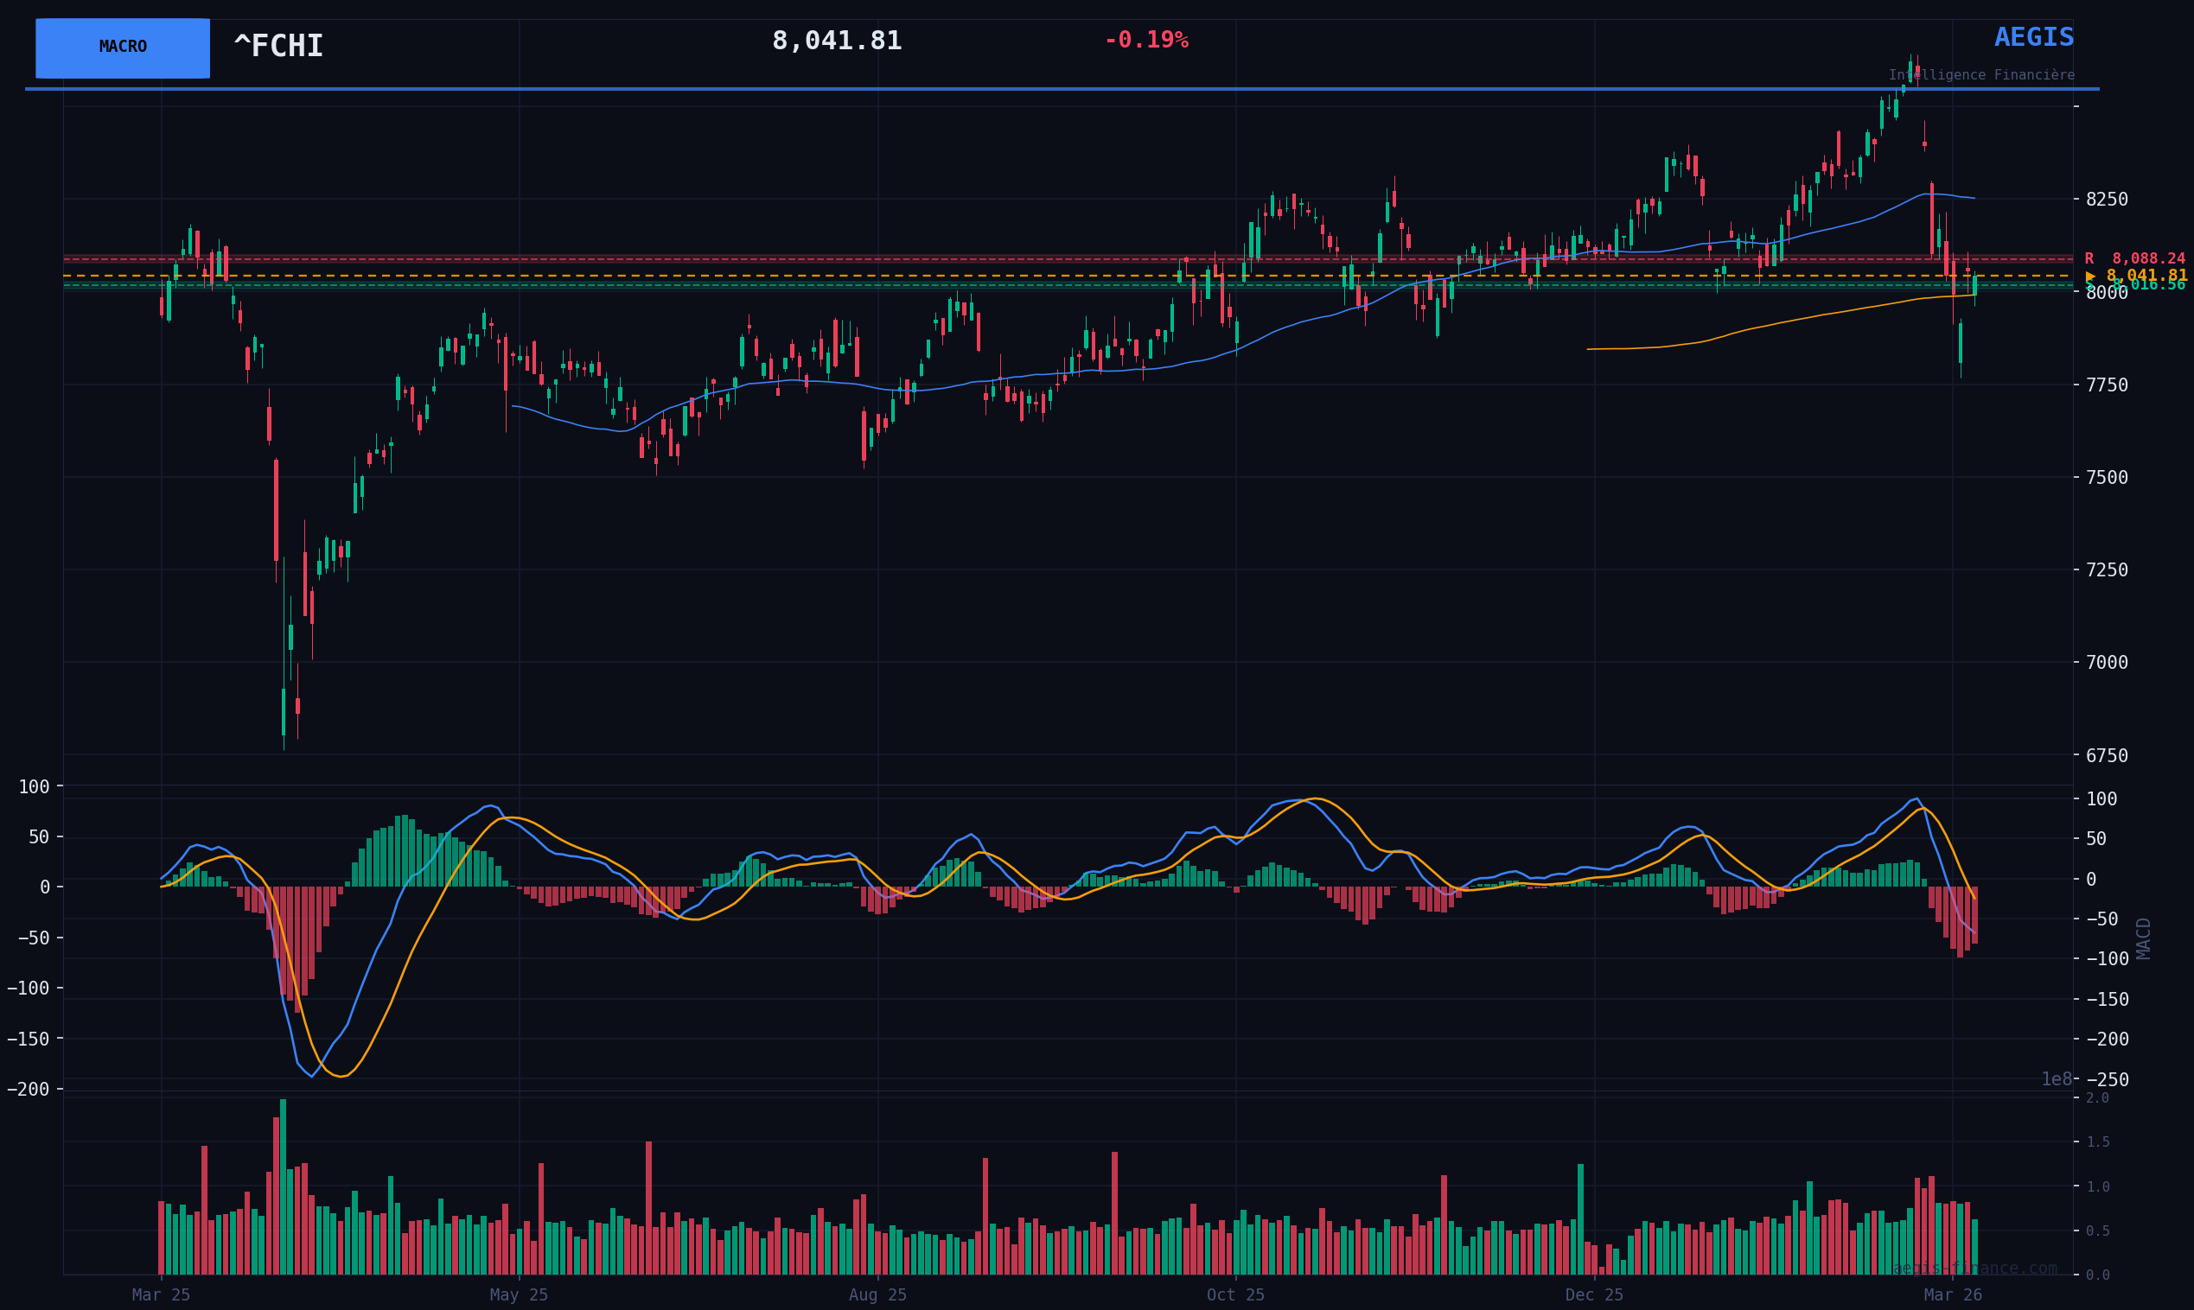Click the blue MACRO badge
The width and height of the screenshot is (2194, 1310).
click(123, 48)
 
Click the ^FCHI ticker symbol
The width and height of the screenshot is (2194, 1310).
click(278, 47)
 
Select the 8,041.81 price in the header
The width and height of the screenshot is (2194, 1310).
click(836, 41)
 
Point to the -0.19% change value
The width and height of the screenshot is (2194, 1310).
click(1146, 41)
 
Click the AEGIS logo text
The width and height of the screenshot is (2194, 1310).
click(2033, 38)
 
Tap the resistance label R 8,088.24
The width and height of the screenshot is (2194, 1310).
click(2134, 258)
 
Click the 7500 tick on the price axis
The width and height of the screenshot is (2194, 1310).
click(2107, 478)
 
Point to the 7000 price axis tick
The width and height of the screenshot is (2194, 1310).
click(2107, 662)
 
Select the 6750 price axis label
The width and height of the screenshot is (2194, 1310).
click(2107, 755)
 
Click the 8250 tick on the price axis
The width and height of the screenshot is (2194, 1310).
click(2107, 200)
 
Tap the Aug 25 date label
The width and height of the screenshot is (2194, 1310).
click(877, 1295)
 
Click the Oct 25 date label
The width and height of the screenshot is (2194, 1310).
click(1235, 1295)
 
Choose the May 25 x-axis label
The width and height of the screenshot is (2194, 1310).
click(520, 1295)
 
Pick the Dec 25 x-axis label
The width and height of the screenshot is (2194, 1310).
click(1593, 1295)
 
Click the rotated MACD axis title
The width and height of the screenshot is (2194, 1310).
click(2144, 938)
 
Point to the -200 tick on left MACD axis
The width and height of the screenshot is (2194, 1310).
click(29, 1090)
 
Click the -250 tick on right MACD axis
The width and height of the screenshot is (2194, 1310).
click(2107, 1079)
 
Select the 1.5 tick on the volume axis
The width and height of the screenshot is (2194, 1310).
click(2097, 1142)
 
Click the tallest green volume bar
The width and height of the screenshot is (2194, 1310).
click(283, 1186)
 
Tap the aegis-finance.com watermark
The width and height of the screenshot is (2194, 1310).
click(1974, 1269)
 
